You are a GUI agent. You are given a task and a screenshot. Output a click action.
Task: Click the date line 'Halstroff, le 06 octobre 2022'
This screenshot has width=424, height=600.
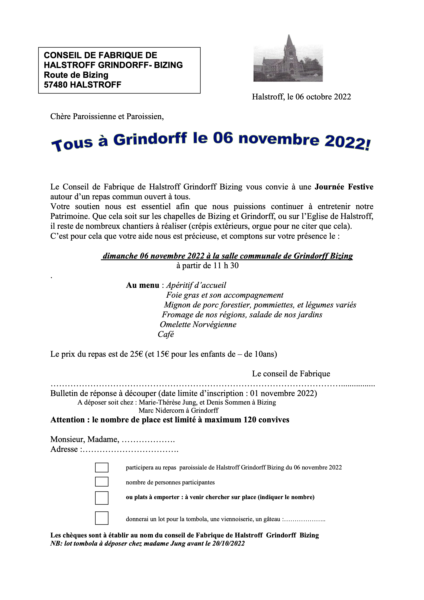[301, 97]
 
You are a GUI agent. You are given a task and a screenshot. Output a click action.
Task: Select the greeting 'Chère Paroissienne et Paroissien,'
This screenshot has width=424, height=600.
[107, 116]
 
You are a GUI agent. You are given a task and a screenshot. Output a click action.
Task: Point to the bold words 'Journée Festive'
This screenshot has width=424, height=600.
[344, 187]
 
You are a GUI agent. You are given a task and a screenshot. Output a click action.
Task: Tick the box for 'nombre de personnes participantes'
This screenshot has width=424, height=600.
[102, 482]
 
